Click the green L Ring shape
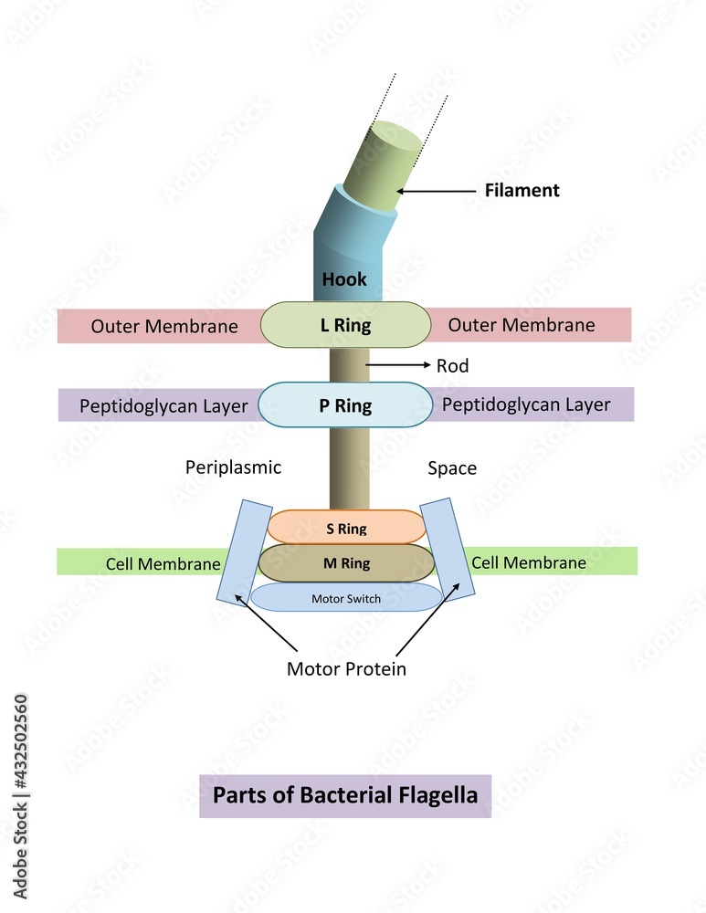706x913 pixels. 345,325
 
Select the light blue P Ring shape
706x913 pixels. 345,405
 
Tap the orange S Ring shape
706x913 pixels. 346,528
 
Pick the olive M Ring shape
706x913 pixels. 346,563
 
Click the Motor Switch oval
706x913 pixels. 346,598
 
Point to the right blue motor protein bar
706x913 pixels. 448,548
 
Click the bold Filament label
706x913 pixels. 521,191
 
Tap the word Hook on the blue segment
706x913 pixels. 344,279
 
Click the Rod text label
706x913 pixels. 452,366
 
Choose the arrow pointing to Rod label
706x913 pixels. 397,365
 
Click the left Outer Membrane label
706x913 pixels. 164,326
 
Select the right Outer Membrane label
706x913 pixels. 521,325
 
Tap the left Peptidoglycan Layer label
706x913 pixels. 163,406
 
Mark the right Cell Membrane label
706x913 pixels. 529,562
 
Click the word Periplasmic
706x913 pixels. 233,467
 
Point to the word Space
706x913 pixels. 452,468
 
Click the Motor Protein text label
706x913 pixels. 346,668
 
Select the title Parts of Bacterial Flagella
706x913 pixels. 345,795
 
